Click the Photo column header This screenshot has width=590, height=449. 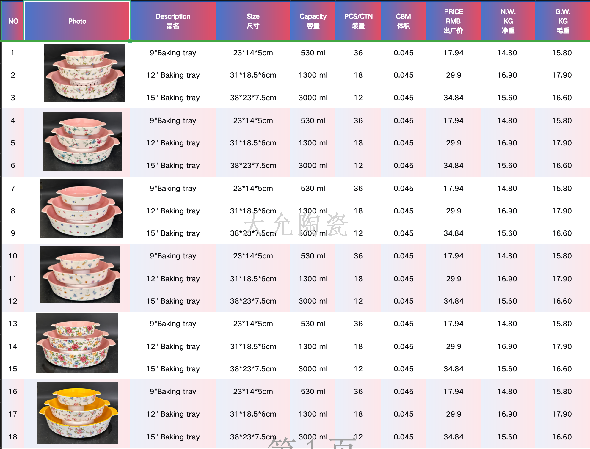(x=77, y=21)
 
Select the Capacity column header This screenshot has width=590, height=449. (x=313, y=21)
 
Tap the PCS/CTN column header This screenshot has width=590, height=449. (x=358, y=21)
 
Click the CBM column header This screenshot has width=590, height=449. (x=403, y=21)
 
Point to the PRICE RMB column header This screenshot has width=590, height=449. (x=453, y=21)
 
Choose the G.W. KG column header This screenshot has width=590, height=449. (x=563, y=21)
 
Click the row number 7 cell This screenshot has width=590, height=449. (x=13, y=188)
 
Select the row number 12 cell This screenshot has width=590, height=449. (x=13, y=301)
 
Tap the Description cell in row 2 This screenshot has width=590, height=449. (x=173, y=75)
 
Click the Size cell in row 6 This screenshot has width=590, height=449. (x=253, y=165)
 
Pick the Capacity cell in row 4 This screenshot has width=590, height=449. (x=313, y=120)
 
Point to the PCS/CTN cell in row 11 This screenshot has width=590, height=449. (x=358, y=279)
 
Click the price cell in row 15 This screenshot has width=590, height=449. (x=453, y=369)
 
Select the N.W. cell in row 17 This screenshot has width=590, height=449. (x=507, y=414)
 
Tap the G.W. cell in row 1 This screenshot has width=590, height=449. (x=562, y=53)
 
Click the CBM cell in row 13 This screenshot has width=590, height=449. (x=403, y=324)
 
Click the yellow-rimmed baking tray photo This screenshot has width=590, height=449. (x=78, y=413)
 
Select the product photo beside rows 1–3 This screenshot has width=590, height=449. (x=85, y=73)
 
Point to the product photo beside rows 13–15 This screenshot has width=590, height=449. (x=77, y=343)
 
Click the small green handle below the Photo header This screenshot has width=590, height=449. (x=130, y=41)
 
